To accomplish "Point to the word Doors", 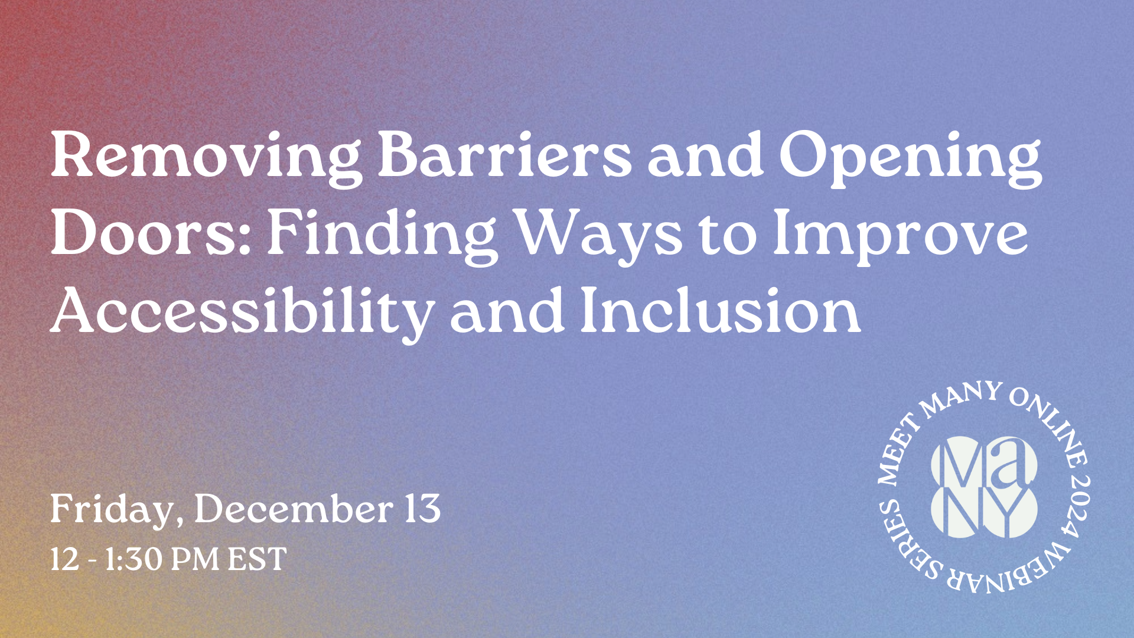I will [x=151, y=233].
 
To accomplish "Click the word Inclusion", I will [x=720, y=311].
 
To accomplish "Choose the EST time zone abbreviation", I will [x=258, y=559].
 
